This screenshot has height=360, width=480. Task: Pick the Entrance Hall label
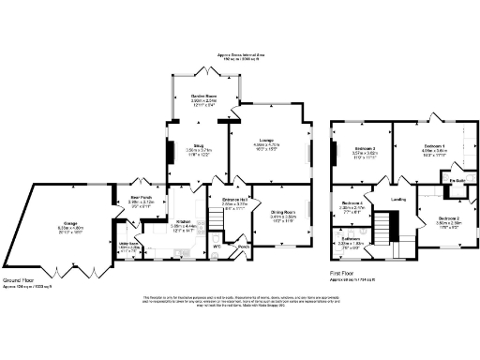[233, 200]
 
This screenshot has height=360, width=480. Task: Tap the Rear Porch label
[140, 198]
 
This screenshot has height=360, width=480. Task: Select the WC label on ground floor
[217, 246]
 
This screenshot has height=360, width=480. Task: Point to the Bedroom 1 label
[432, 146]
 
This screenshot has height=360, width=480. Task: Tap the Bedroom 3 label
[365, 149]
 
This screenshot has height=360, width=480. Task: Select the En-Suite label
[457, 180]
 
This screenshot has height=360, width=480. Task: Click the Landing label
[397, 199]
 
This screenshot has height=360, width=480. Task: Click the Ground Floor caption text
[20, 279]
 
